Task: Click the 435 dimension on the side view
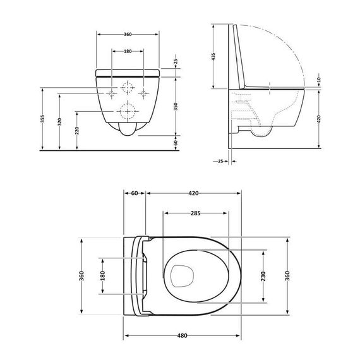click(213, 57)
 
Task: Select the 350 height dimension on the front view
click(176, 107)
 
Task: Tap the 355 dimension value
click(42, 119)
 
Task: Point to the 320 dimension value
click(60, 122)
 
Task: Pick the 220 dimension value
click(77, 131)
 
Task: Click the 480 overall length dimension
click(183, 335)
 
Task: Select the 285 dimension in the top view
click(196, 213)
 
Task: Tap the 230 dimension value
click(263, 276)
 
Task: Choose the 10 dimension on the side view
click(318, 80)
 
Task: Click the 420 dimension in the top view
click(193, 193)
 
